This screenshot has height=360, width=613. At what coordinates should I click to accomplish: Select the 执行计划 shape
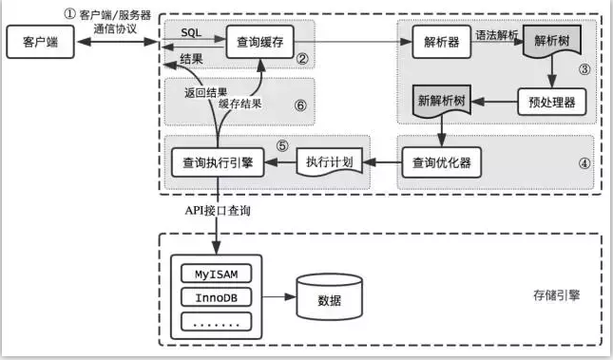click(x=330, y=162)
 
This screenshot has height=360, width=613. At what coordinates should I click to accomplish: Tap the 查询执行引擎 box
click(x=217, y=162)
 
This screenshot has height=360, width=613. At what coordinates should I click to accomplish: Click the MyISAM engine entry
click(x=221, y=275)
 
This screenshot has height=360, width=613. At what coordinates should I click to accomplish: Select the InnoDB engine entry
click(x=221, y=298)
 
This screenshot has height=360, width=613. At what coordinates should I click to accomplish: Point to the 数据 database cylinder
click(x=329, y=299)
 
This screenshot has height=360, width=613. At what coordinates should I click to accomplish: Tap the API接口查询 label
click(x=218, y=211)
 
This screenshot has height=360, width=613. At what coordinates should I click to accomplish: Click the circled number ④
click(x=584, y=176)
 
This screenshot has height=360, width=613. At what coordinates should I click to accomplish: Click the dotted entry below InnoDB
click(x=221, y=322)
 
